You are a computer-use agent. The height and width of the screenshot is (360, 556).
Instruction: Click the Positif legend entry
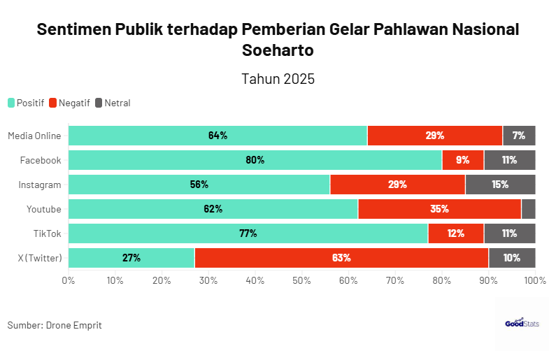click(26, 103)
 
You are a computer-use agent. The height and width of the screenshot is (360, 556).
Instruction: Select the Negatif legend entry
click(69, 103)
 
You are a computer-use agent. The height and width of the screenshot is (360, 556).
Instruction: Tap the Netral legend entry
click(113, 103)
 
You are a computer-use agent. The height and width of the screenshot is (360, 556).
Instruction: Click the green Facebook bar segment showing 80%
click(255, 160)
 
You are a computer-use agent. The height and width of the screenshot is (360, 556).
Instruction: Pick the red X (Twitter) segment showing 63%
click(341, 258)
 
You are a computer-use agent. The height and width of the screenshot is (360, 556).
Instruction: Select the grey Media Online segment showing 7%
click(519, 136)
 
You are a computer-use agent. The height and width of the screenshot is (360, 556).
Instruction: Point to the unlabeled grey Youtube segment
click(529, 209)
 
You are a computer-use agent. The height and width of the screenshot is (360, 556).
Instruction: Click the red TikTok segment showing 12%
click(456, 233)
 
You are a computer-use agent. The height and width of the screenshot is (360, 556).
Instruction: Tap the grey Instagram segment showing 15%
click(500, 185)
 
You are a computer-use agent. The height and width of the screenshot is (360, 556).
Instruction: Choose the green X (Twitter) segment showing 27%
click(131, 258)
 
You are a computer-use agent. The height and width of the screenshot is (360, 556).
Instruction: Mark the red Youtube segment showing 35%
click(439, 209)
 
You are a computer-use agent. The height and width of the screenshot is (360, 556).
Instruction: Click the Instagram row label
click(40, 185)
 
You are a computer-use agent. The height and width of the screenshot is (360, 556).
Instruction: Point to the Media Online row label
click(34, 136)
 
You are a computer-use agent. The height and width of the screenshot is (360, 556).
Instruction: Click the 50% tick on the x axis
click(301, 280)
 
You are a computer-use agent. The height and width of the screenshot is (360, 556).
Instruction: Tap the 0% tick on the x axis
click(69, 280)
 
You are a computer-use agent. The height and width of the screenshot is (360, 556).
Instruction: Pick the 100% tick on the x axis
click(535, 280)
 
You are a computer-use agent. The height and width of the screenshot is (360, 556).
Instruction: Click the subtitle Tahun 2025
click(278, 79)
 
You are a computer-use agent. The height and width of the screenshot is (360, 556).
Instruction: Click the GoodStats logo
click(522, 324)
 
